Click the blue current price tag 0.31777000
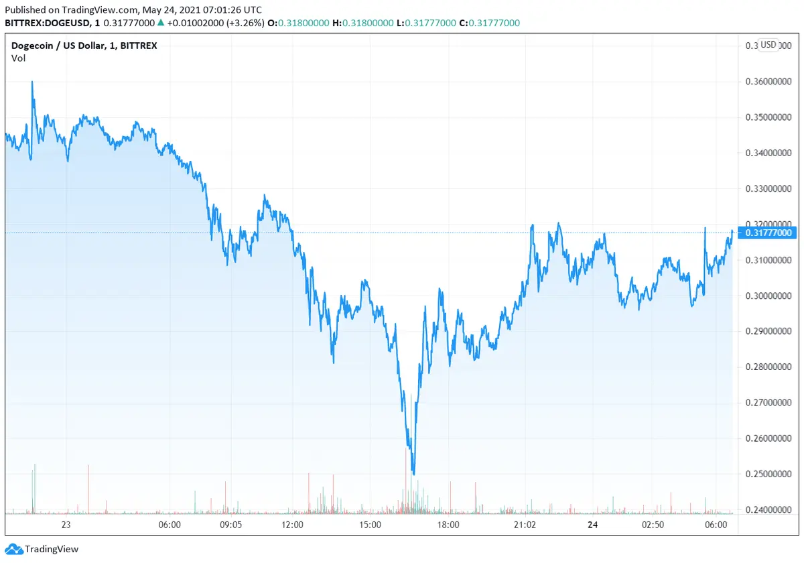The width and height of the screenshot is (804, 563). tap(770, 233)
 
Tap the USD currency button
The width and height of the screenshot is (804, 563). tap(768, 45)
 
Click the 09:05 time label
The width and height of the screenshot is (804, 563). tap(231, 525)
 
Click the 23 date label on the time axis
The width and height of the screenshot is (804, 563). tap(66, 525)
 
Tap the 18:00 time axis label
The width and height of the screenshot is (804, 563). tap(448, 525)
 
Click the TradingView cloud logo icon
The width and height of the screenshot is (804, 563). tap(14, 549)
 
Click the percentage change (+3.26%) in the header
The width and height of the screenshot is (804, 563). tap(242, 23)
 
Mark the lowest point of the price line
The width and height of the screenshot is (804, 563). tap(413, 474)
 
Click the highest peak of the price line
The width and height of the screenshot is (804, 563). tap(32, 82)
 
